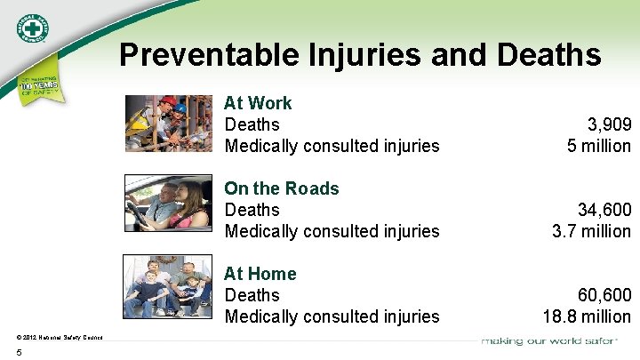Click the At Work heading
pyautogui.click(x=258, y=103)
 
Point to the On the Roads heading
pyautogui.click(x=282, y=188)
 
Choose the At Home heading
pyautogui.click(x=260, y=274)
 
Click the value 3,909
pyautogui.click(x=609, y=124)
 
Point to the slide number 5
pyautogui.click(x=19, y=352)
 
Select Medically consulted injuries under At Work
pyautogui.click(x=332, y=146)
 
